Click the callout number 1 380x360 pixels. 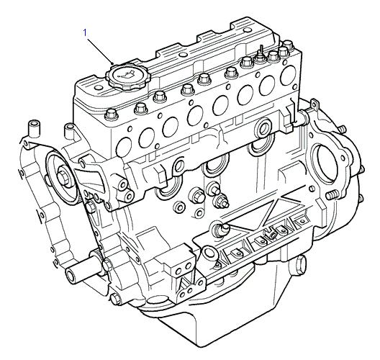85,32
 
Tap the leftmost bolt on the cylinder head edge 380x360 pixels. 112,115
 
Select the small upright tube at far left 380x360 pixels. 33,130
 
